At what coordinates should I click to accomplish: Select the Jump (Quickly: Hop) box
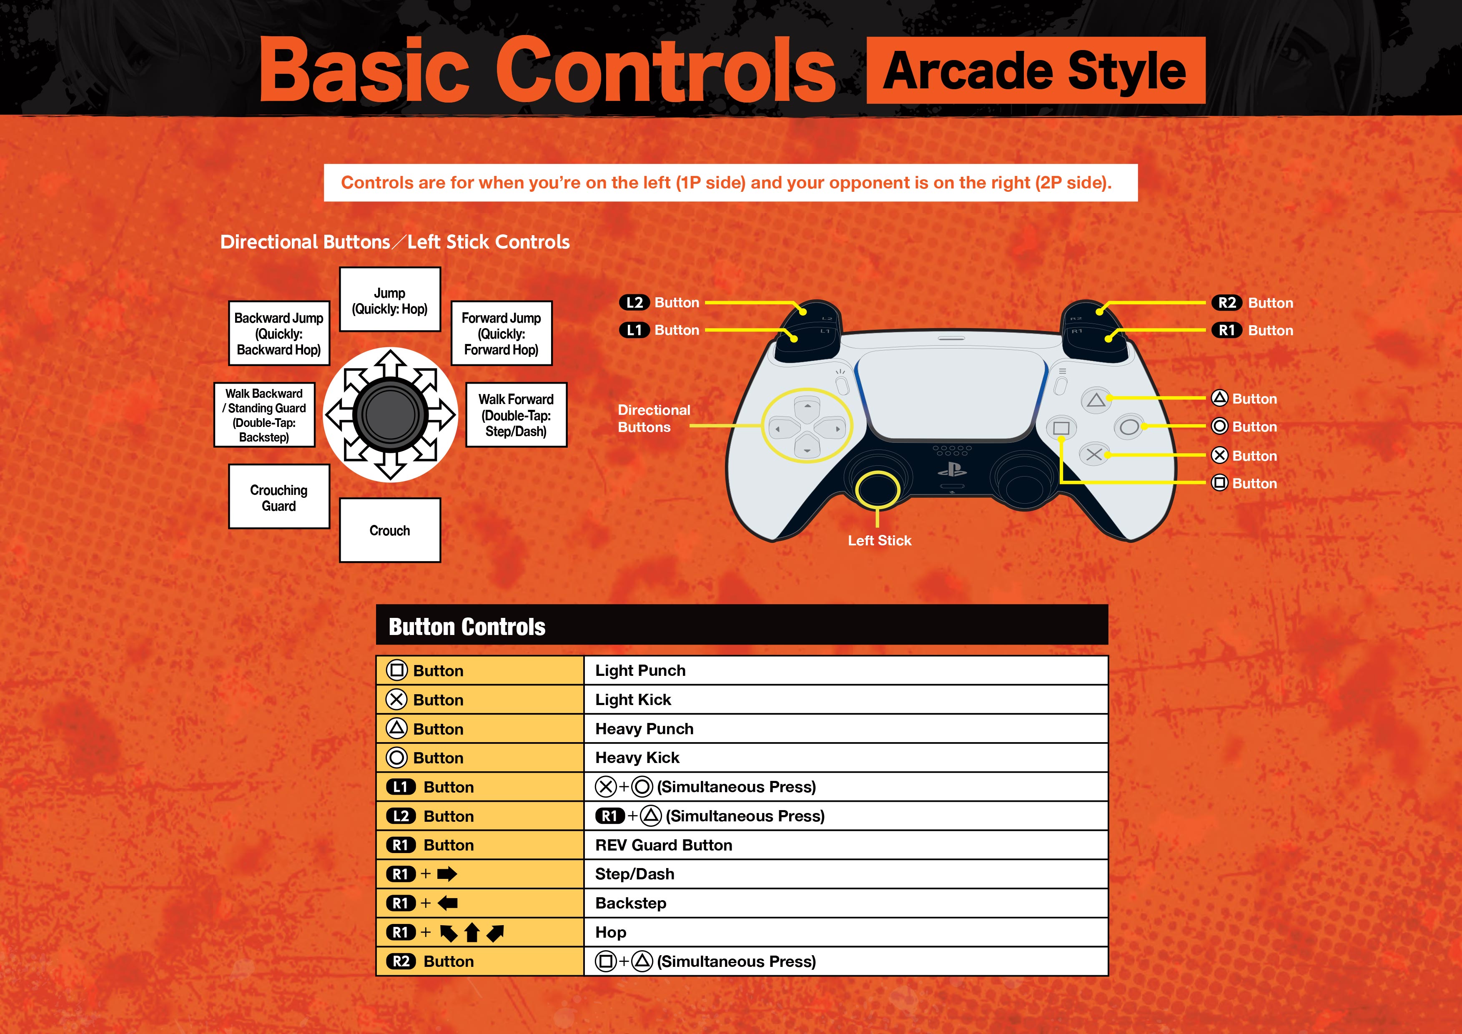pos(390,300)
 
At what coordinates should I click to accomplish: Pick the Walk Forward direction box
pos(516,415)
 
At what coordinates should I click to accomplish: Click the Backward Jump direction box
pos(279,333)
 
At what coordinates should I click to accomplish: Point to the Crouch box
pos(390,530)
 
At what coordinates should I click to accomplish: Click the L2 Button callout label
pos(660,302)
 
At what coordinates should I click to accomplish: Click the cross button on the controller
pos(1094,454)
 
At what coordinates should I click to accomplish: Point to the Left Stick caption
pos(879,541)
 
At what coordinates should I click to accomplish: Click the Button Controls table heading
pos(467,627)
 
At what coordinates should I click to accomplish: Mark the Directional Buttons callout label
pos(653,418)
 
